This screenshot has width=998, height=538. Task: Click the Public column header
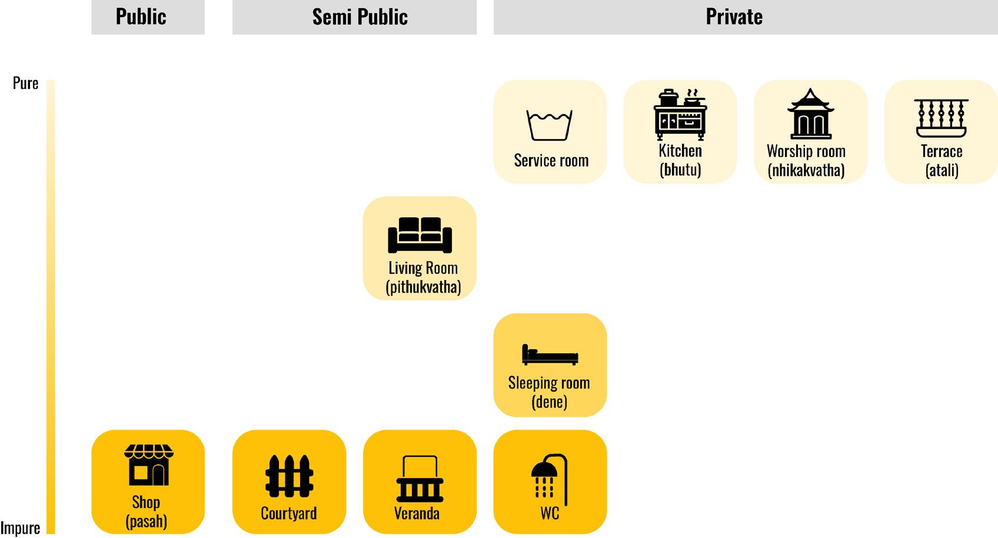click(x=141, y=16)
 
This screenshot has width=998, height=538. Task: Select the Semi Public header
click(x=360, y=16)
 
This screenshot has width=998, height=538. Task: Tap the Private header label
click(x=734, y=16)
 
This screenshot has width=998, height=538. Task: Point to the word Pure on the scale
click(x=26, y=84)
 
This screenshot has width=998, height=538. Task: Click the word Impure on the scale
click(x=21, y=528)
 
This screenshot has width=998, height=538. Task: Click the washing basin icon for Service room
click(x=550, y=125)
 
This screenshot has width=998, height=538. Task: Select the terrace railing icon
click(x=941, y=118)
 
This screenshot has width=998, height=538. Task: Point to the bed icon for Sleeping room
click(x=550, y=354)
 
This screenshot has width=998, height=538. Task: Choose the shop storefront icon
click(x=148, y=464)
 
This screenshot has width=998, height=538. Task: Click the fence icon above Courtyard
click(x=289, y=476)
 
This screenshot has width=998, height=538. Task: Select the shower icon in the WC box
click(x=550, y=478)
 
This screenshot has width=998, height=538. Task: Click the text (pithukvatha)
click(x=423, y=287)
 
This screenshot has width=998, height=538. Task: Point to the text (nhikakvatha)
click(x=806, y=171)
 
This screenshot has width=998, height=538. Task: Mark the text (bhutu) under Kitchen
click(x=680, y=170)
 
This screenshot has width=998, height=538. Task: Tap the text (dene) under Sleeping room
click(x=549, y=402)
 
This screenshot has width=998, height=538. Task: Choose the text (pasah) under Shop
click(x=146, y=522)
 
